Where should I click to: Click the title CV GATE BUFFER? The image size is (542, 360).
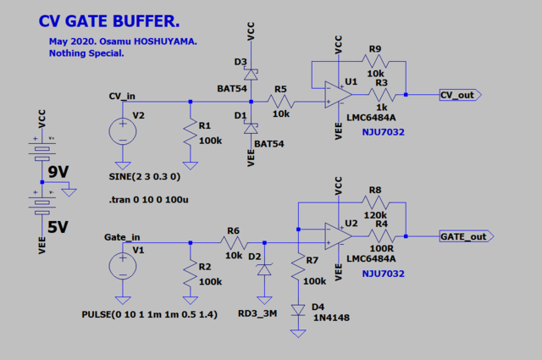click(109, 19)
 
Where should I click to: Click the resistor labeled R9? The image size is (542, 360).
click(374, 62)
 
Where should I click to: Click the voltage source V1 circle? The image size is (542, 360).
click(124, 267)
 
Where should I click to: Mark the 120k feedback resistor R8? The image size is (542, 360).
click(374, 204)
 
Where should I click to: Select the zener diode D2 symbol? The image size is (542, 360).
click(264, 270)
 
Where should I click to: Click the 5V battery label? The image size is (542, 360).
click(58, 226)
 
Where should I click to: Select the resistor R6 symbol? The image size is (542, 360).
click(234, 242)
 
